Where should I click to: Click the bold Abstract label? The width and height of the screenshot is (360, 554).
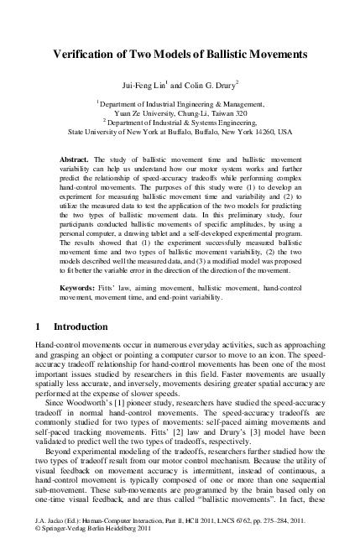pyautogui.click(x=77, y=158)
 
